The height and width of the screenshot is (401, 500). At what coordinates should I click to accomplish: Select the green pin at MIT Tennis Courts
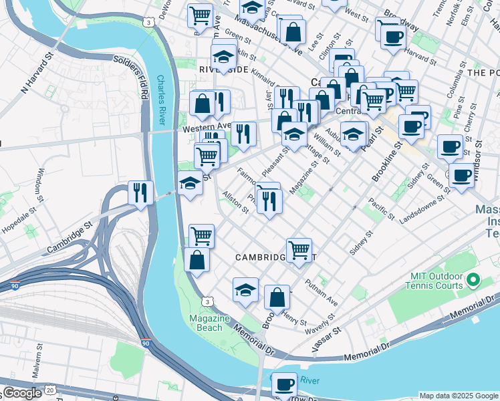click(x=474, y=279)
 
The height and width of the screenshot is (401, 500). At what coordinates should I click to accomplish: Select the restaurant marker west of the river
click(x=140, y=193)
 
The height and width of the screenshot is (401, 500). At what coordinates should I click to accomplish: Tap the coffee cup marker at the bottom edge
click(x=284, y=384)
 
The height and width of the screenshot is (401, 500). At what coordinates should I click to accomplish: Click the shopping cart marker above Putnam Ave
click(x=299, y=250)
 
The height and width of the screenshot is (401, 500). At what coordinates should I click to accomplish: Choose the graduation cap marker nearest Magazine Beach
click(x=245, y=289)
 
